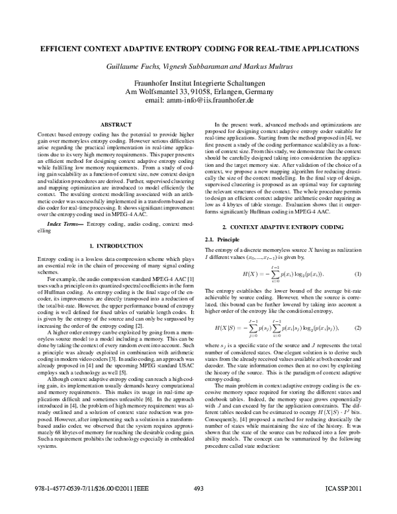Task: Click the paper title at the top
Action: coord(198,48)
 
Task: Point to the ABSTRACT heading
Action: coord(110,124)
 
